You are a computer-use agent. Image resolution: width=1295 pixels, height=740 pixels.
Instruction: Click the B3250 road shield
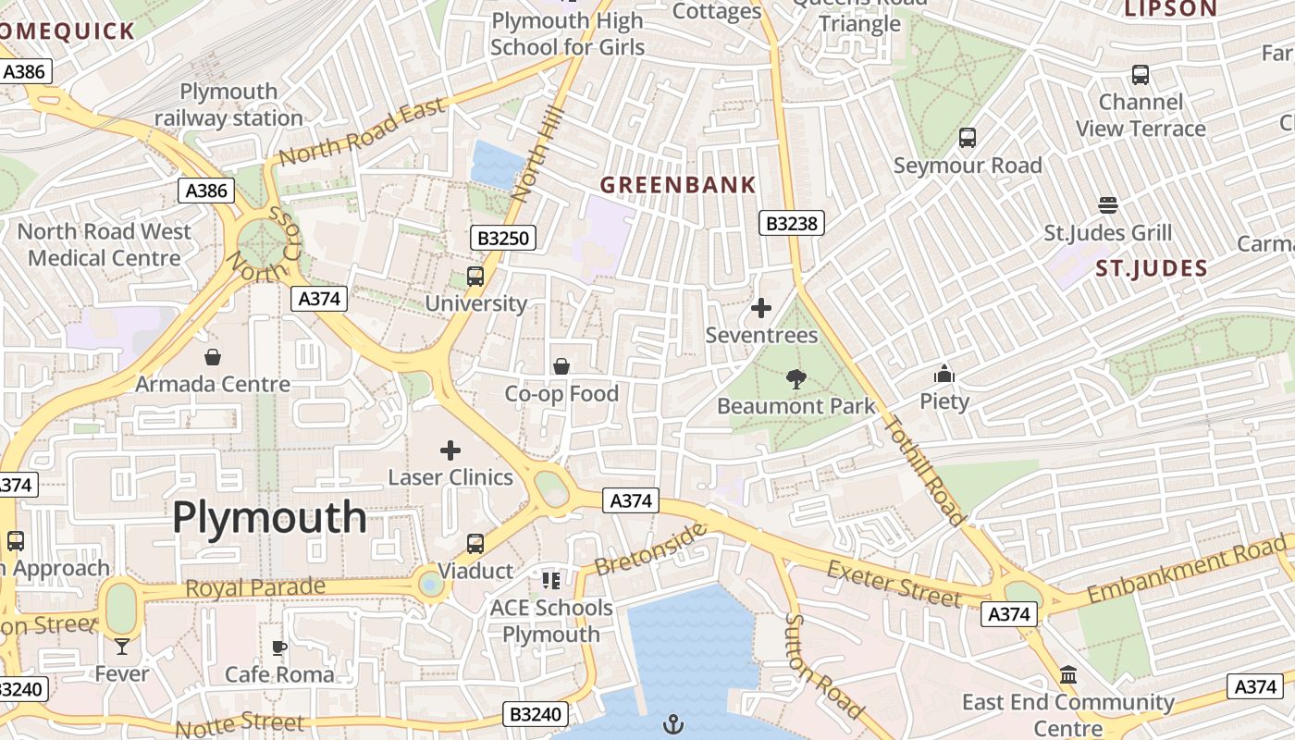click(503, 238)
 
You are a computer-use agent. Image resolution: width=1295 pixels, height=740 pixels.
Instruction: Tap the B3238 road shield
click(792, 223)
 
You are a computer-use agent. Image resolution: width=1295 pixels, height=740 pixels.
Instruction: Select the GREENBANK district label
click(678, 185)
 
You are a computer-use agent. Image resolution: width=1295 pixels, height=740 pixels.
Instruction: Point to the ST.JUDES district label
click(1151, 269)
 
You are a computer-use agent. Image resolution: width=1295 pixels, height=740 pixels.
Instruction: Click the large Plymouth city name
click(269, 517)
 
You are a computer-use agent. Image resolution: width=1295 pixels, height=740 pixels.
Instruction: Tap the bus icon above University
click(475, 277)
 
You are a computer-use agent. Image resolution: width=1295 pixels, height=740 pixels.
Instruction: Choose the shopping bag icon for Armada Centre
click(213, 357)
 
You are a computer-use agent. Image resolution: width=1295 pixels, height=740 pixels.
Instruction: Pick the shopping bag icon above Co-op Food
click(561, 367)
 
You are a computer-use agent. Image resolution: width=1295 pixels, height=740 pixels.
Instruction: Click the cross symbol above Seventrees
click(761, 308)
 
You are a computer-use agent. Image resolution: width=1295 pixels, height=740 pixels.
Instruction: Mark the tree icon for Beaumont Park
click(795, 378)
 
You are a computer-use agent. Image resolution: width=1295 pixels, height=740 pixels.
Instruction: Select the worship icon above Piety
click(944, 374)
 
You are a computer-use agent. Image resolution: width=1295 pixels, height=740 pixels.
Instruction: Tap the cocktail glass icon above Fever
click(122, 647)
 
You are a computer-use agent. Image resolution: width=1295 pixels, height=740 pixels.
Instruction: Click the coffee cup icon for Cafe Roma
click(279, 647)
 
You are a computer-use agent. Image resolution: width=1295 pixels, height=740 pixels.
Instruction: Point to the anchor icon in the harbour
click(674, 724)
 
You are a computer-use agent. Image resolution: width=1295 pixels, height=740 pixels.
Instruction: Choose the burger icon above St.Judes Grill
click(1107, 205)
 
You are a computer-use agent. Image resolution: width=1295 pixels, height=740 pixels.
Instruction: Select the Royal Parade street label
click(255, 588)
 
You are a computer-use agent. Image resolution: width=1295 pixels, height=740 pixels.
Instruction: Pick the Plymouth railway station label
click(228, 105)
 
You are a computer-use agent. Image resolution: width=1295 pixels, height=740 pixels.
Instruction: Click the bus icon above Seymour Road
click(968, 138)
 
